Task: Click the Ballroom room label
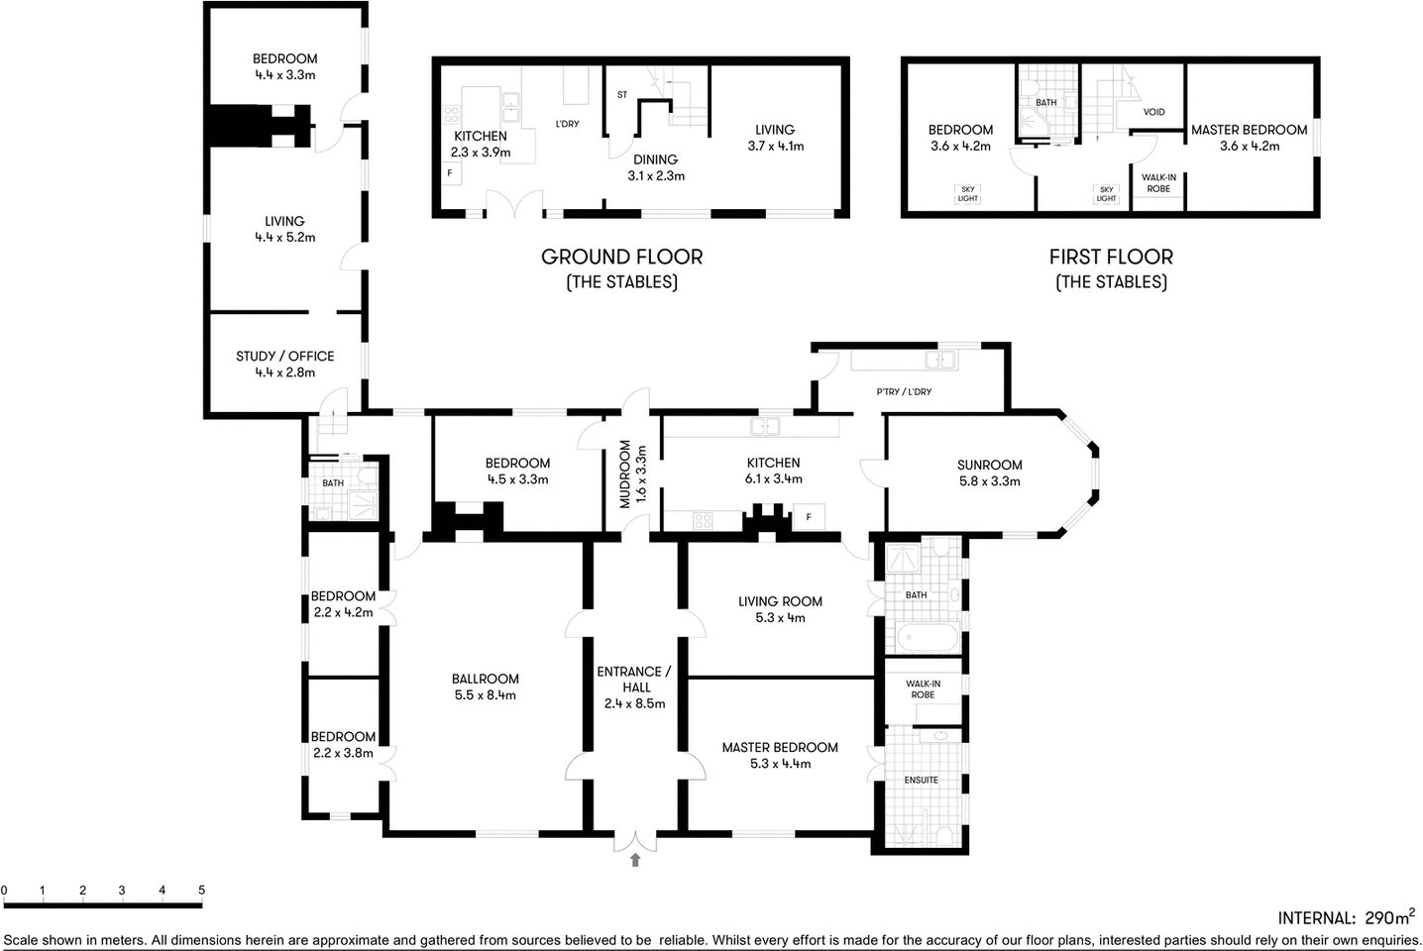pos(485,680)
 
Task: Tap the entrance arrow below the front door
pos(634,860)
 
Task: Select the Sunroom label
pos(989,465)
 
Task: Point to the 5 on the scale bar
pos(201,890)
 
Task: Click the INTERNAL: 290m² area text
pos(1346,917)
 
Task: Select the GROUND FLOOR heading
pos(621,258)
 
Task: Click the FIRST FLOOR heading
pos(1111,258)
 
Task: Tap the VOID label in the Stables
pos(1153,112)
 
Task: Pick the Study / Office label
pos(284,357)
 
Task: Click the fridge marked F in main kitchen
pos(809,517)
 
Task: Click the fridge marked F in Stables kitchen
pos(450,172)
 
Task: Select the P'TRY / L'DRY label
pos(904,392)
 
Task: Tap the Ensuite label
pos(921,780)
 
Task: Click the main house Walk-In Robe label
pos(923,688)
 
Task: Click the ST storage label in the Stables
pos(621,95)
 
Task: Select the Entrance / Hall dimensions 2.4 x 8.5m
pos(634,704)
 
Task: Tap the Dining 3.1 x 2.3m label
pos(655,167)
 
